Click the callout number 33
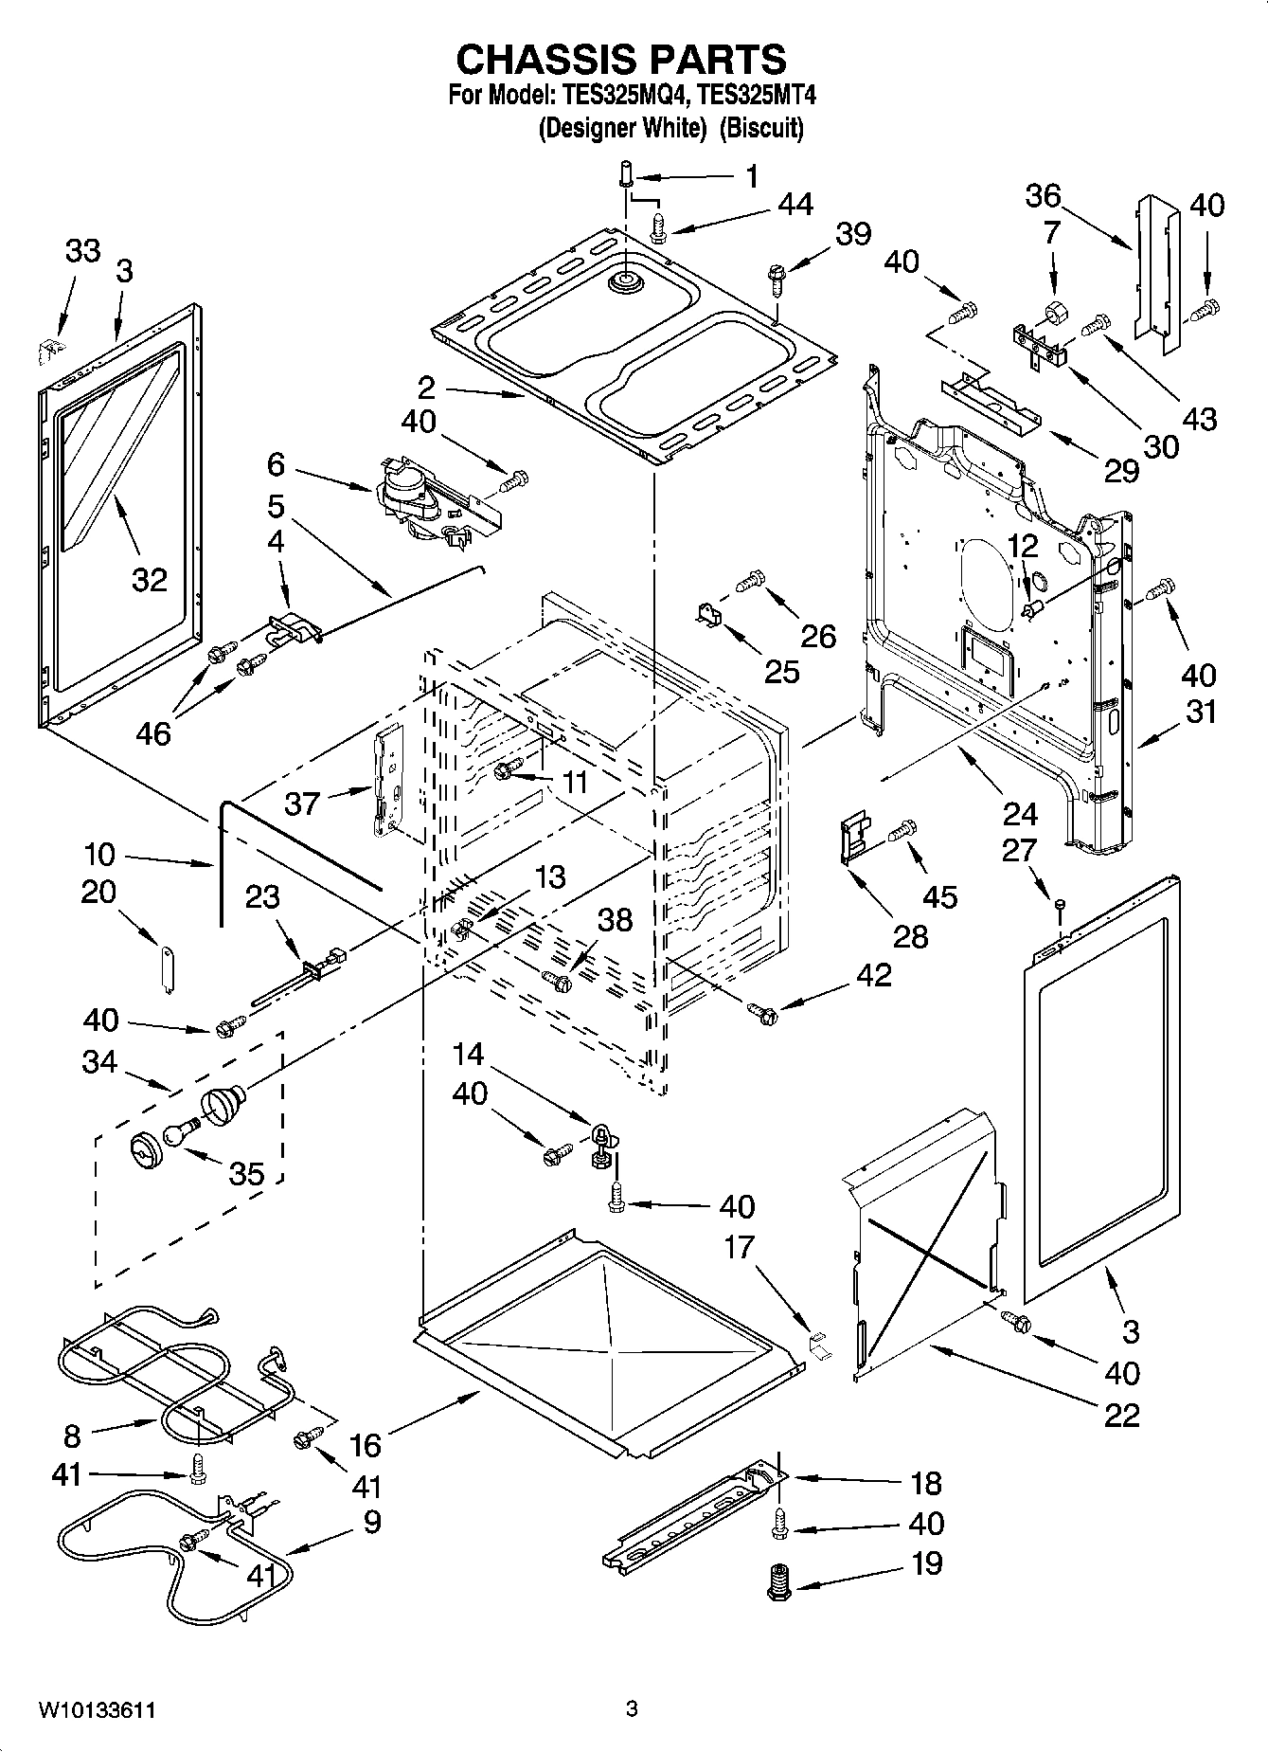82,251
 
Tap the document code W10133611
97,1710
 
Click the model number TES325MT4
757,96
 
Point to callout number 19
926,1562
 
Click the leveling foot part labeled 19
778,1581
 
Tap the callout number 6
276,464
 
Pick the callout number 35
246,1173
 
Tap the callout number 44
796,204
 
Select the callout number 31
1201,711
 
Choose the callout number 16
366,1445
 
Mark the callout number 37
303,804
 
